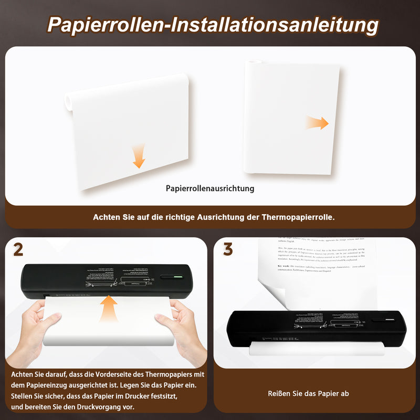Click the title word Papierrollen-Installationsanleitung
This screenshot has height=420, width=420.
click(x=212, y=25)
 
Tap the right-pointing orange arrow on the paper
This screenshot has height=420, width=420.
click(x=318, y=123)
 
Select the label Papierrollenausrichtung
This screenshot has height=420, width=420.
click(x=210, y=188)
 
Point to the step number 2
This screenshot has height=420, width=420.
click(x=18, y=250)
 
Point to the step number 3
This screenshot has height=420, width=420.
click(x=228, y=250)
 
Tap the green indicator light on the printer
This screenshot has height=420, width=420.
click(x=177, y=277)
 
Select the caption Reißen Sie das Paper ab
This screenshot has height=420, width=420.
click(x=308, y=393)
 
